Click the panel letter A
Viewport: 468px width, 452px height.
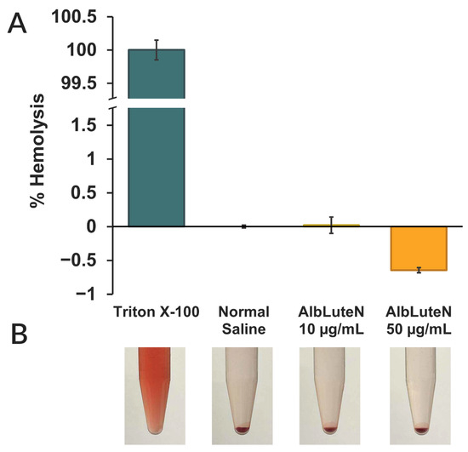[17, 24]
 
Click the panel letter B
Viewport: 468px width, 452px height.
[19, 335]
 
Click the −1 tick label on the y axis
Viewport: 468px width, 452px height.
[86, 295]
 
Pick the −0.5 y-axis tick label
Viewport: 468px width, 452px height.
[78, 260]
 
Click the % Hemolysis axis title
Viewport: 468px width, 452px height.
[37, 151]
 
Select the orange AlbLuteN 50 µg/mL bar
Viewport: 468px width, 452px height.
[419, 249]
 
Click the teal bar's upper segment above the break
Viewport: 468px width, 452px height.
[157, 74]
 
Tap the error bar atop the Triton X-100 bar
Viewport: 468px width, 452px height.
[157, 50]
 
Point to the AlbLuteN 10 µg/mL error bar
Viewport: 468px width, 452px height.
[331, 225]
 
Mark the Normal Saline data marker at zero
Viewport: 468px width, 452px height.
[244, 226]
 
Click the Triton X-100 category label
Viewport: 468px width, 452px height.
[157, 312]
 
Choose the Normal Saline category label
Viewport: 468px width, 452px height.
[244, 321]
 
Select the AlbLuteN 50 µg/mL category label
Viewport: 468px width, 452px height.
[419, 321]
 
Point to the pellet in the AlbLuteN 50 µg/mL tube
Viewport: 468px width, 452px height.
[421, 430]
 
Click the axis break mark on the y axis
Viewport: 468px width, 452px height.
[113, 103]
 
